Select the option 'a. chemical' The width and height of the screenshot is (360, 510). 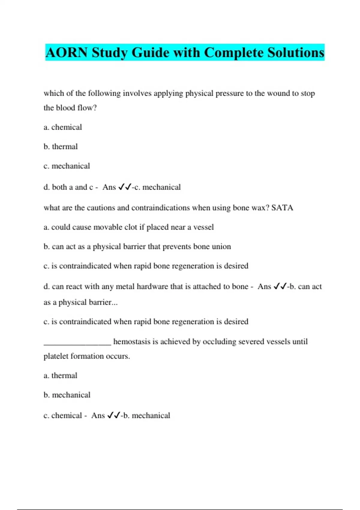point(63,127)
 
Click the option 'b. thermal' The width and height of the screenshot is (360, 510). point(61,147)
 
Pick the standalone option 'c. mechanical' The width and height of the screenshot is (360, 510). point(67,166)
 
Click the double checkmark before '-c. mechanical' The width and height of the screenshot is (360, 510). point(125,187)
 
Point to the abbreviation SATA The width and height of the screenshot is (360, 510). point(282,208)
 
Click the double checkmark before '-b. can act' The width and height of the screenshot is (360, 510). point(280,286)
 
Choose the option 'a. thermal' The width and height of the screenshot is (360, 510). point(60,376)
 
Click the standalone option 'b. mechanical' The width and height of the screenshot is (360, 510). point(67,395)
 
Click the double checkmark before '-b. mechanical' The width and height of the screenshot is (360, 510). point(114,415)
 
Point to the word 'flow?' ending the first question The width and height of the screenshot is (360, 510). point(87,108)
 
